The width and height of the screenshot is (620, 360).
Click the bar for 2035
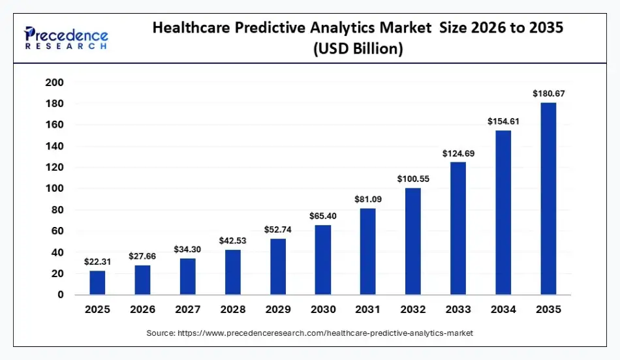coord(548,198)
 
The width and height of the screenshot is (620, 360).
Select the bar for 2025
coord(97,282)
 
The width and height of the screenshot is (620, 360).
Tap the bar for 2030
coord(323,260)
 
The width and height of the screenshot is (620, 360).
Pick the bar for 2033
coord(458,228)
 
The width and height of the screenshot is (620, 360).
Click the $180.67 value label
coord(548,93)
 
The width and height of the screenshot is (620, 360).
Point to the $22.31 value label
coord(97,262)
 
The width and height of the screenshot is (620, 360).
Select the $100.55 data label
coord(413,178)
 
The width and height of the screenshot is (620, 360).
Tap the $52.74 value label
coord(278,229)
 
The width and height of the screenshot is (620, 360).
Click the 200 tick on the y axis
coord(54,82)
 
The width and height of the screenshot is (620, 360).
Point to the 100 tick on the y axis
coord(54,188)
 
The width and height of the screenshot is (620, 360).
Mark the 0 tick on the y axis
coord(60,295)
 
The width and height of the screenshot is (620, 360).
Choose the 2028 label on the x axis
coord(233,309)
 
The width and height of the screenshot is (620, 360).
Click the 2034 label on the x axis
coord(503,309)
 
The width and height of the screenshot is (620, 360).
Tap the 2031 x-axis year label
coord(368,309)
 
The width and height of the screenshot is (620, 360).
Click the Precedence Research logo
coord(66,38)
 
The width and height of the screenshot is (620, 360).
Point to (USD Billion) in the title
coord(358,49)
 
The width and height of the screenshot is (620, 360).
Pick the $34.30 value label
coord(188,249)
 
